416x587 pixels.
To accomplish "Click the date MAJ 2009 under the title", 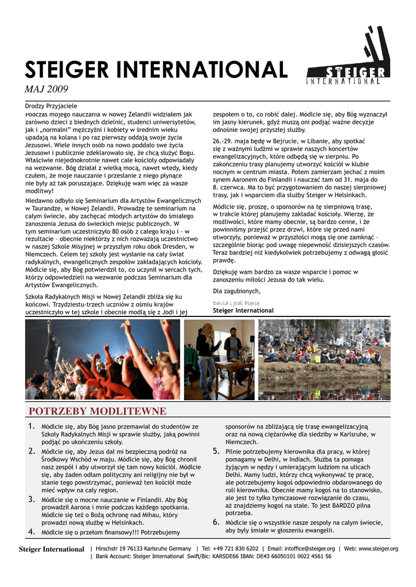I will pyautogui.click(x=46, y=89).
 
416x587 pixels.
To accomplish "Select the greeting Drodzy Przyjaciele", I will pyautogui.click(x=50, y=106).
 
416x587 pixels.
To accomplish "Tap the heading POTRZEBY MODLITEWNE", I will pyautogui.click(x=98, y=412).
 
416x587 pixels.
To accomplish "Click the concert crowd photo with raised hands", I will pyautogui.click(x=103, y=359).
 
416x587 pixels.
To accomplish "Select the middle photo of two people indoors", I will pyautogui.click(x=219, y=359).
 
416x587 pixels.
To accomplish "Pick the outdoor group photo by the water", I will pyautogui.click(x=324, y=359).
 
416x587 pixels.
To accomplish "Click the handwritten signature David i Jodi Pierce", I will pyautogui.click(x=236, y=303).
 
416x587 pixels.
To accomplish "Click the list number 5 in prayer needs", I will pyautogui.click(x=216, y=451).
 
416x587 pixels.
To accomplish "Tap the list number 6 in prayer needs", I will pyautogui.click(x=216, y=522).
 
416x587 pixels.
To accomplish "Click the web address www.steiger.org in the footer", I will pyautogui.click(x=379, y=549).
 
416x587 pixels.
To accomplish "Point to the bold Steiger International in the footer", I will pyautogui.click(x=52, y=549).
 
